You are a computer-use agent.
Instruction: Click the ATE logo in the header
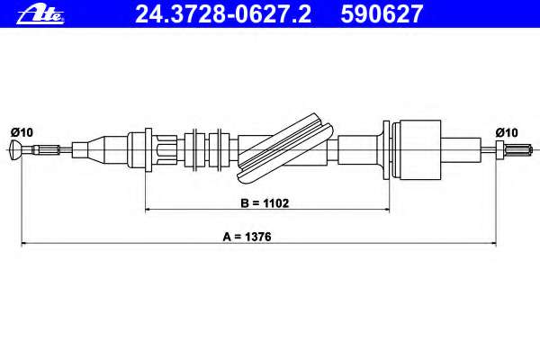[40, 14]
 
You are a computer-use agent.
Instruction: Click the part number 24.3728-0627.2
[223, 13]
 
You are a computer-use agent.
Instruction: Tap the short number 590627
[382, 13]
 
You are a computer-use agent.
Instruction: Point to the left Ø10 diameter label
[22, 132]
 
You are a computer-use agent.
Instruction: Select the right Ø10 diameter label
[507, 132]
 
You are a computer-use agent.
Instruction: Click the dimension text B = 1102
[265, 203]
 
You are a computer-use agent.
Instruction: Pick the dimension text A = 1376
[247, 237]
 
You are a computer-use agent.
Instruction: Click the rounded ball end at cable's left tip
[16, 149]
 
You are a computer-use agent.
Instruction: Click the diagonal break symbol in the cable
[285, 148]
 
